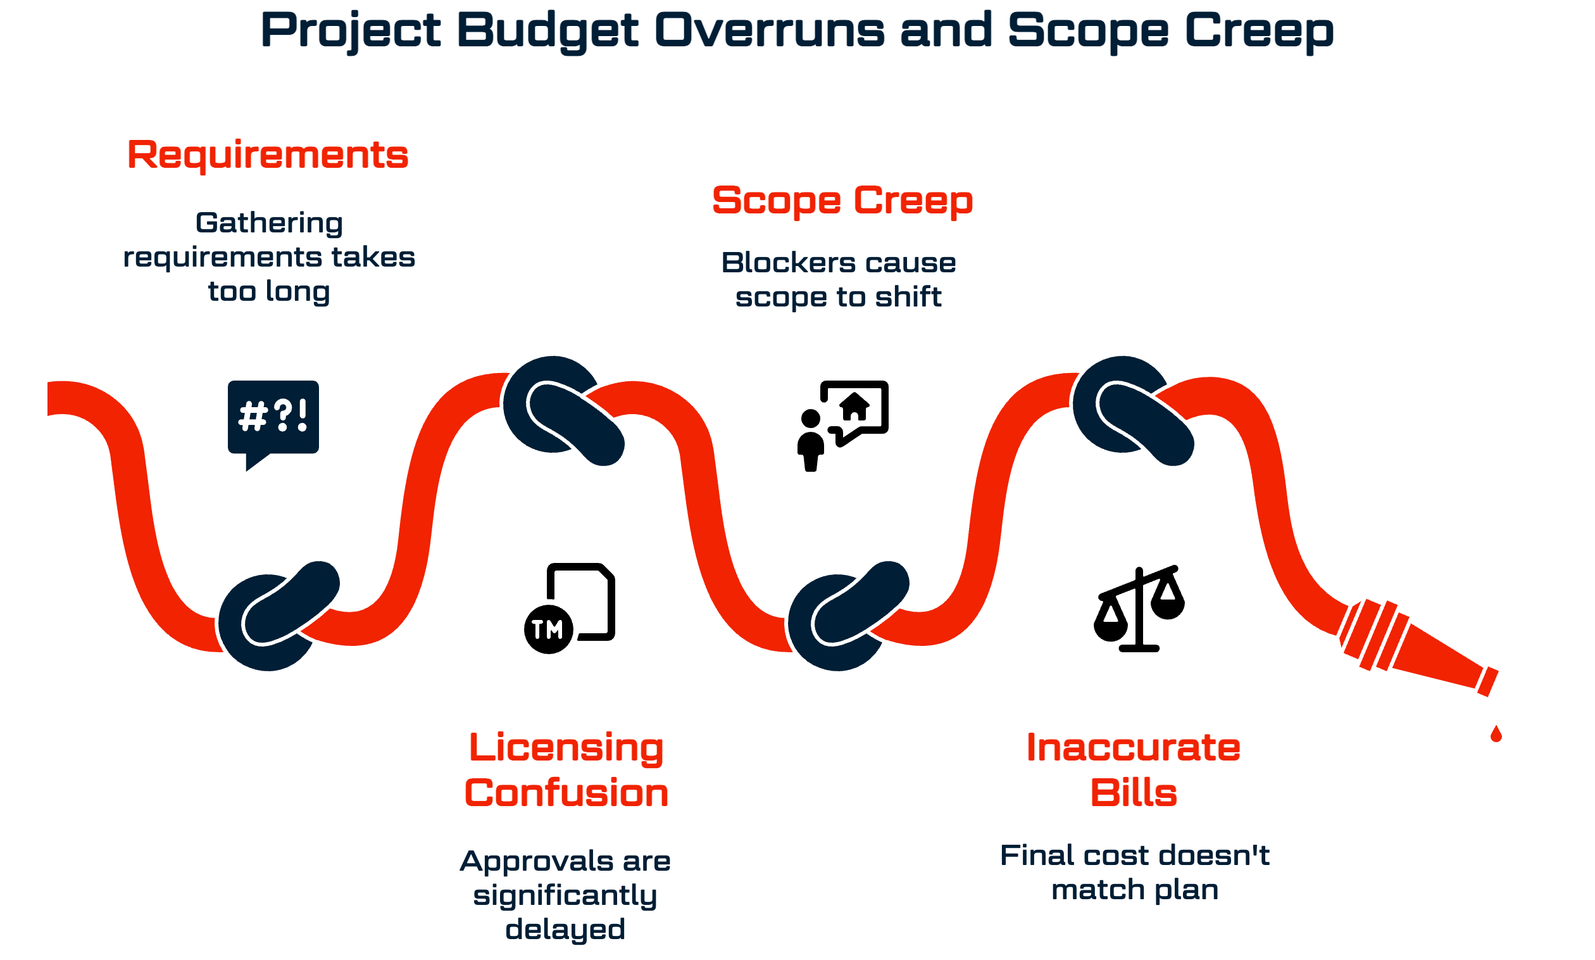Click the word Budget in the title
547,30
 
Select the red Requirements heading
268,155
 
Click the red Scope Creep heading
842,201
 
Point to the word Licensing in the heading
566,748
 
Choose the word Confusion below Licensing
566,793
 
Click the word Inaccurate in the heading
1134,748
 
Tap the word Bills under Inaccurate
1134,793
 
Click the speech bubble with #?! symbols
273,418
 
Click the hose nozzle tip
1487,681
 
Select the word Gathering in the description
269,223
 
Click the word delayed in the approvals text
565,930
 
